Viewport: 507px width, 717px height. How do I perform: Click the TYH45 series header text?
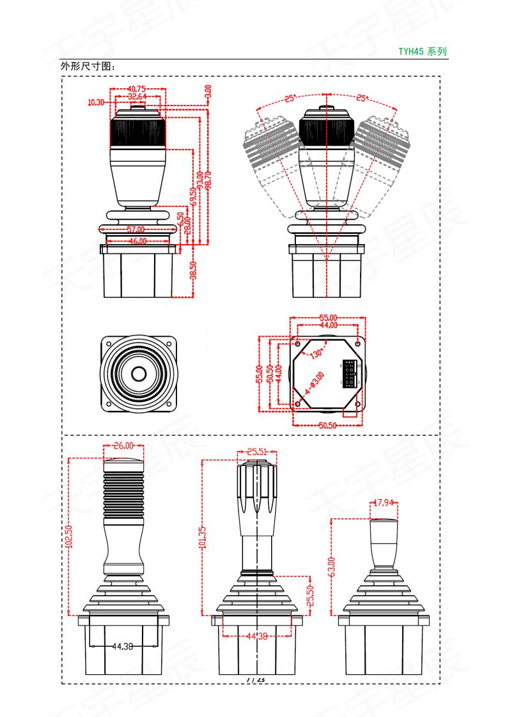[423, 52]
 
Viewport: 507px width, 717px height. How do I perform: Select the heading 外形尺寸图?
[89, 66]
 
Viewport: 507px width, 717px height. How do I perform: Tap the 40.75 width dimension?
[137, 89]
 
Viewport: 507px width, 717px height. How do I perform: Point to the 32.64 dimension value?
[137, 96]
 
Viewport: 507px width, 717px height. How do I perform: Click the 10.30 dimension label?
[96, 102]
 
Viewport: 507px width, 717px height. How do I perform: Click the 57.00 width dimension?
[135, 229]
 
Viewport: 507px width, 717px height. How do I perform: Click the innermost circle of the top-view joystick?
[138, 373]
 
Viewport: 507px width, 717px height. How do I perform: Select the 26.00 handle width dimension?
[124, 446]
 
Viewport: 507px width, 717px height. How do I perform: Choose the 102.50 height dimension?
[69, 536]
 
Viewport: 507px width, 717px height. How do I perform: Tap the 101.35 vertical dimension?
[202, 537]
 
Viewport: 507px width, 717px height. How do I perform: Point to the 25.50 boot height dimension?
[311, 595]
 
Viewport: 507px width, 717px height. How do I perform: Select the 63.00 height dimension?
[331, 566]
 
